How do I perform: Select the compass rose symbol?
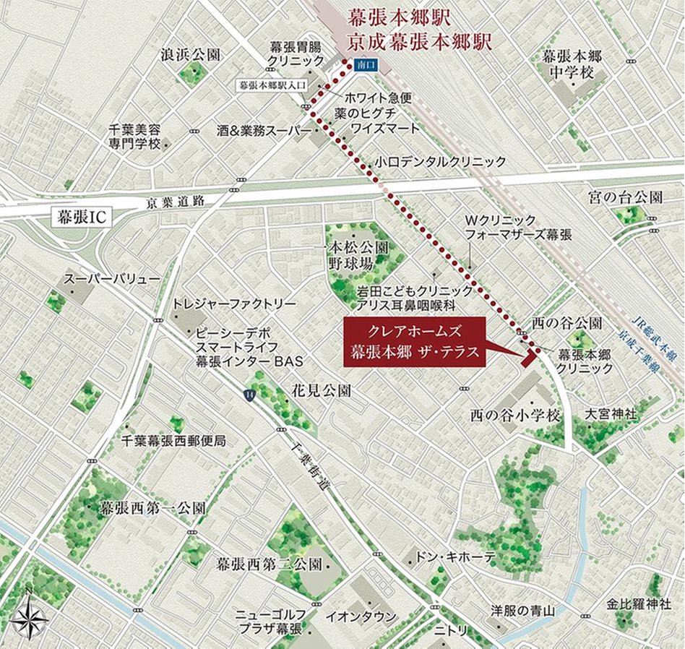[30, 619]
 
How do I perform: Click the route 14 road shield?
[249, 394]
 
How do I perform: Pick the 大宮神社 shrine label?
[611, 414]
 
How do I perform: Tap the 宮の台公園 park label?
[625, 197]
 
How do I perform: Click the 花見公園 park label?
[321, 391]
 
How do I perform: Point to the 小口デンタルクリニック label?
[441, 163]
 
